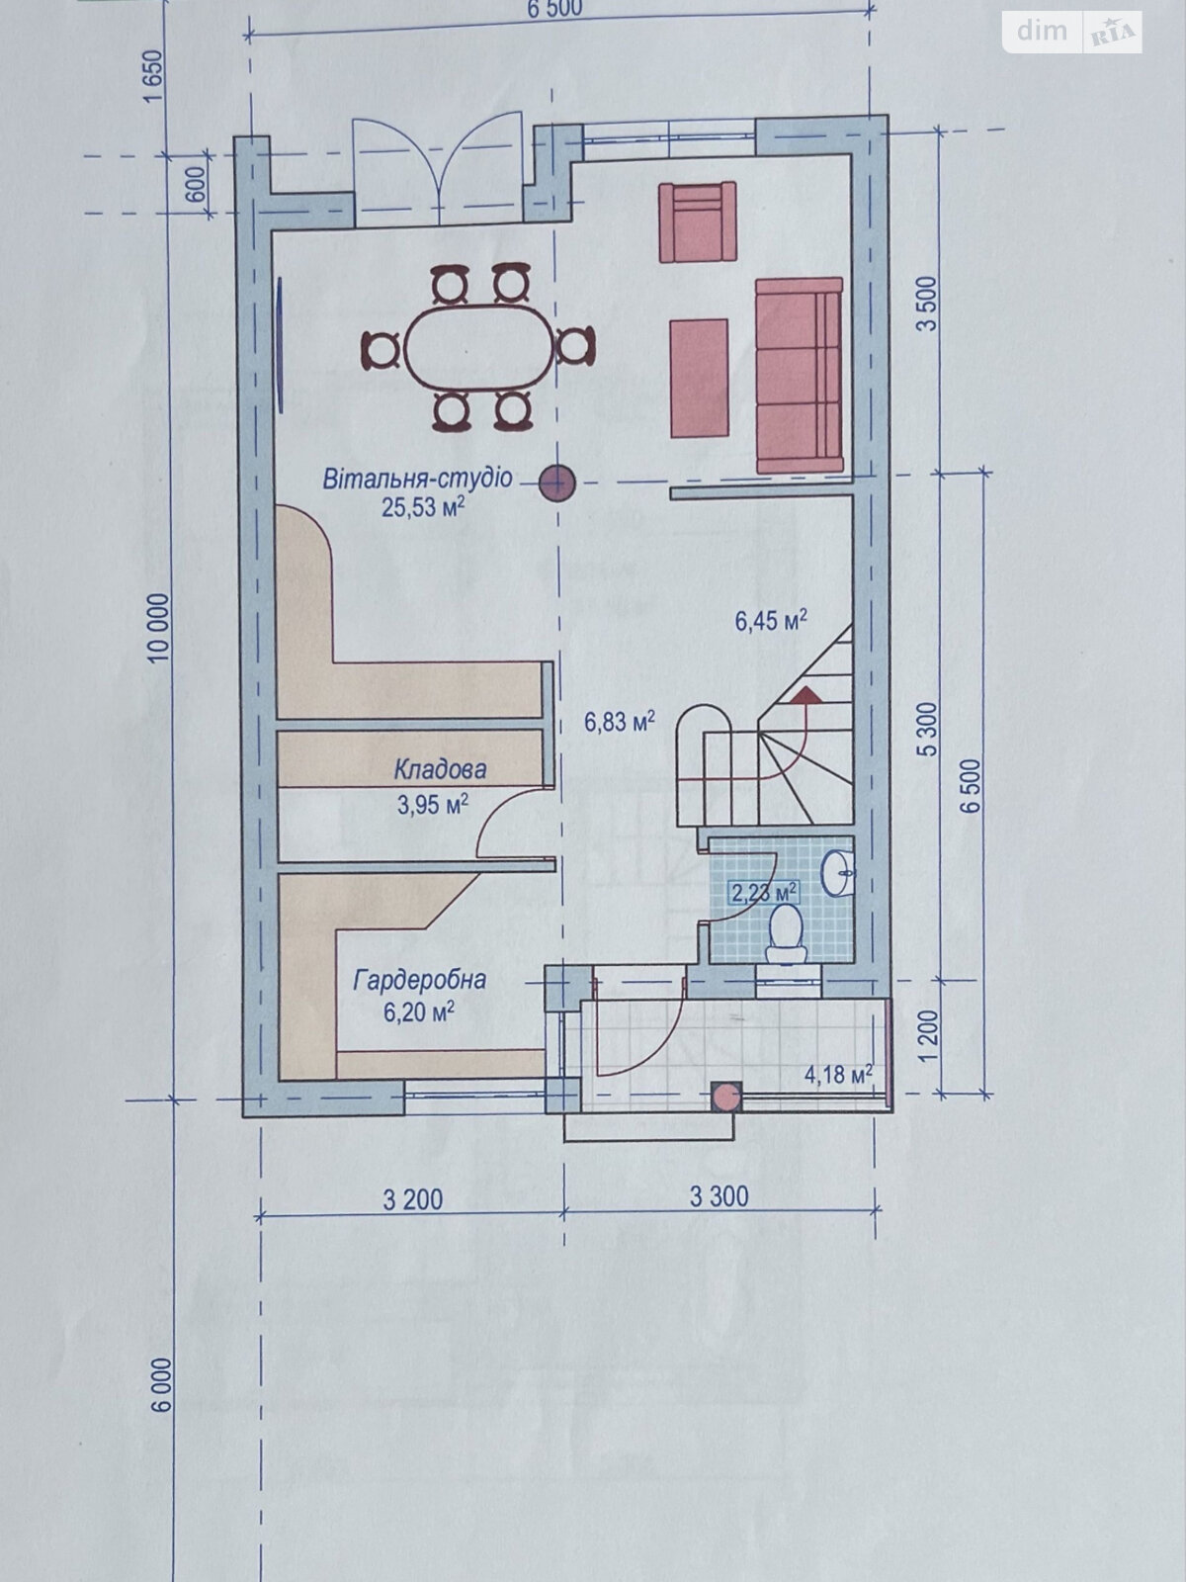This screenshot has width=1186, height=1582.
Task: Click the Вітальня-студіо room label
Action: point(417,480)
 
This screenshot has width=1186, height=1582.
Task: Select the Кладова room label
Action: point(439,768)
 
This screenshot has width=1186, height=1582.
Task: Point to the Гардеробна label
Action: point(419,980)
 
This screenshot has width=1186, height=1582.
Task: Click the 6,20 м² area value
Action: point(418,1010)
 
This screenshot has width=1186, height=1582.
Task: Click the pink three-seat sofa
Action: point(799,376)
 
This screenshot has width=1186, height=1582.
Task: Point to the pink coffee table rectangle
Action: point(700,378)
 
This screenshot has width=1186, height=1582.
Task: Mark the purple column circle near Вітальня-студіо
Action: point(557,483)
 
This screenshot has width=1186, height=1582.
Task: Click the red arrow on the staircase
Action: point(807,695)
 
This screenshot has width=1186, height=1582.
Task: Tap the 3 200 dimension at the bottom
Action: point(412,1199)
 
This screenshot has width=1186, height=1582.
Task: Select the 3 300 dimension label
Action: point(719,1197)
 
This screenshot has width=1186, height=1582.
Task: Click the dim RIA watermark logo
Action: point(1072,32)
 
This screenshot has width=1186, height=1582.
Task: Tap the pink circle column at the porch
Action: point(726,1097)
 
